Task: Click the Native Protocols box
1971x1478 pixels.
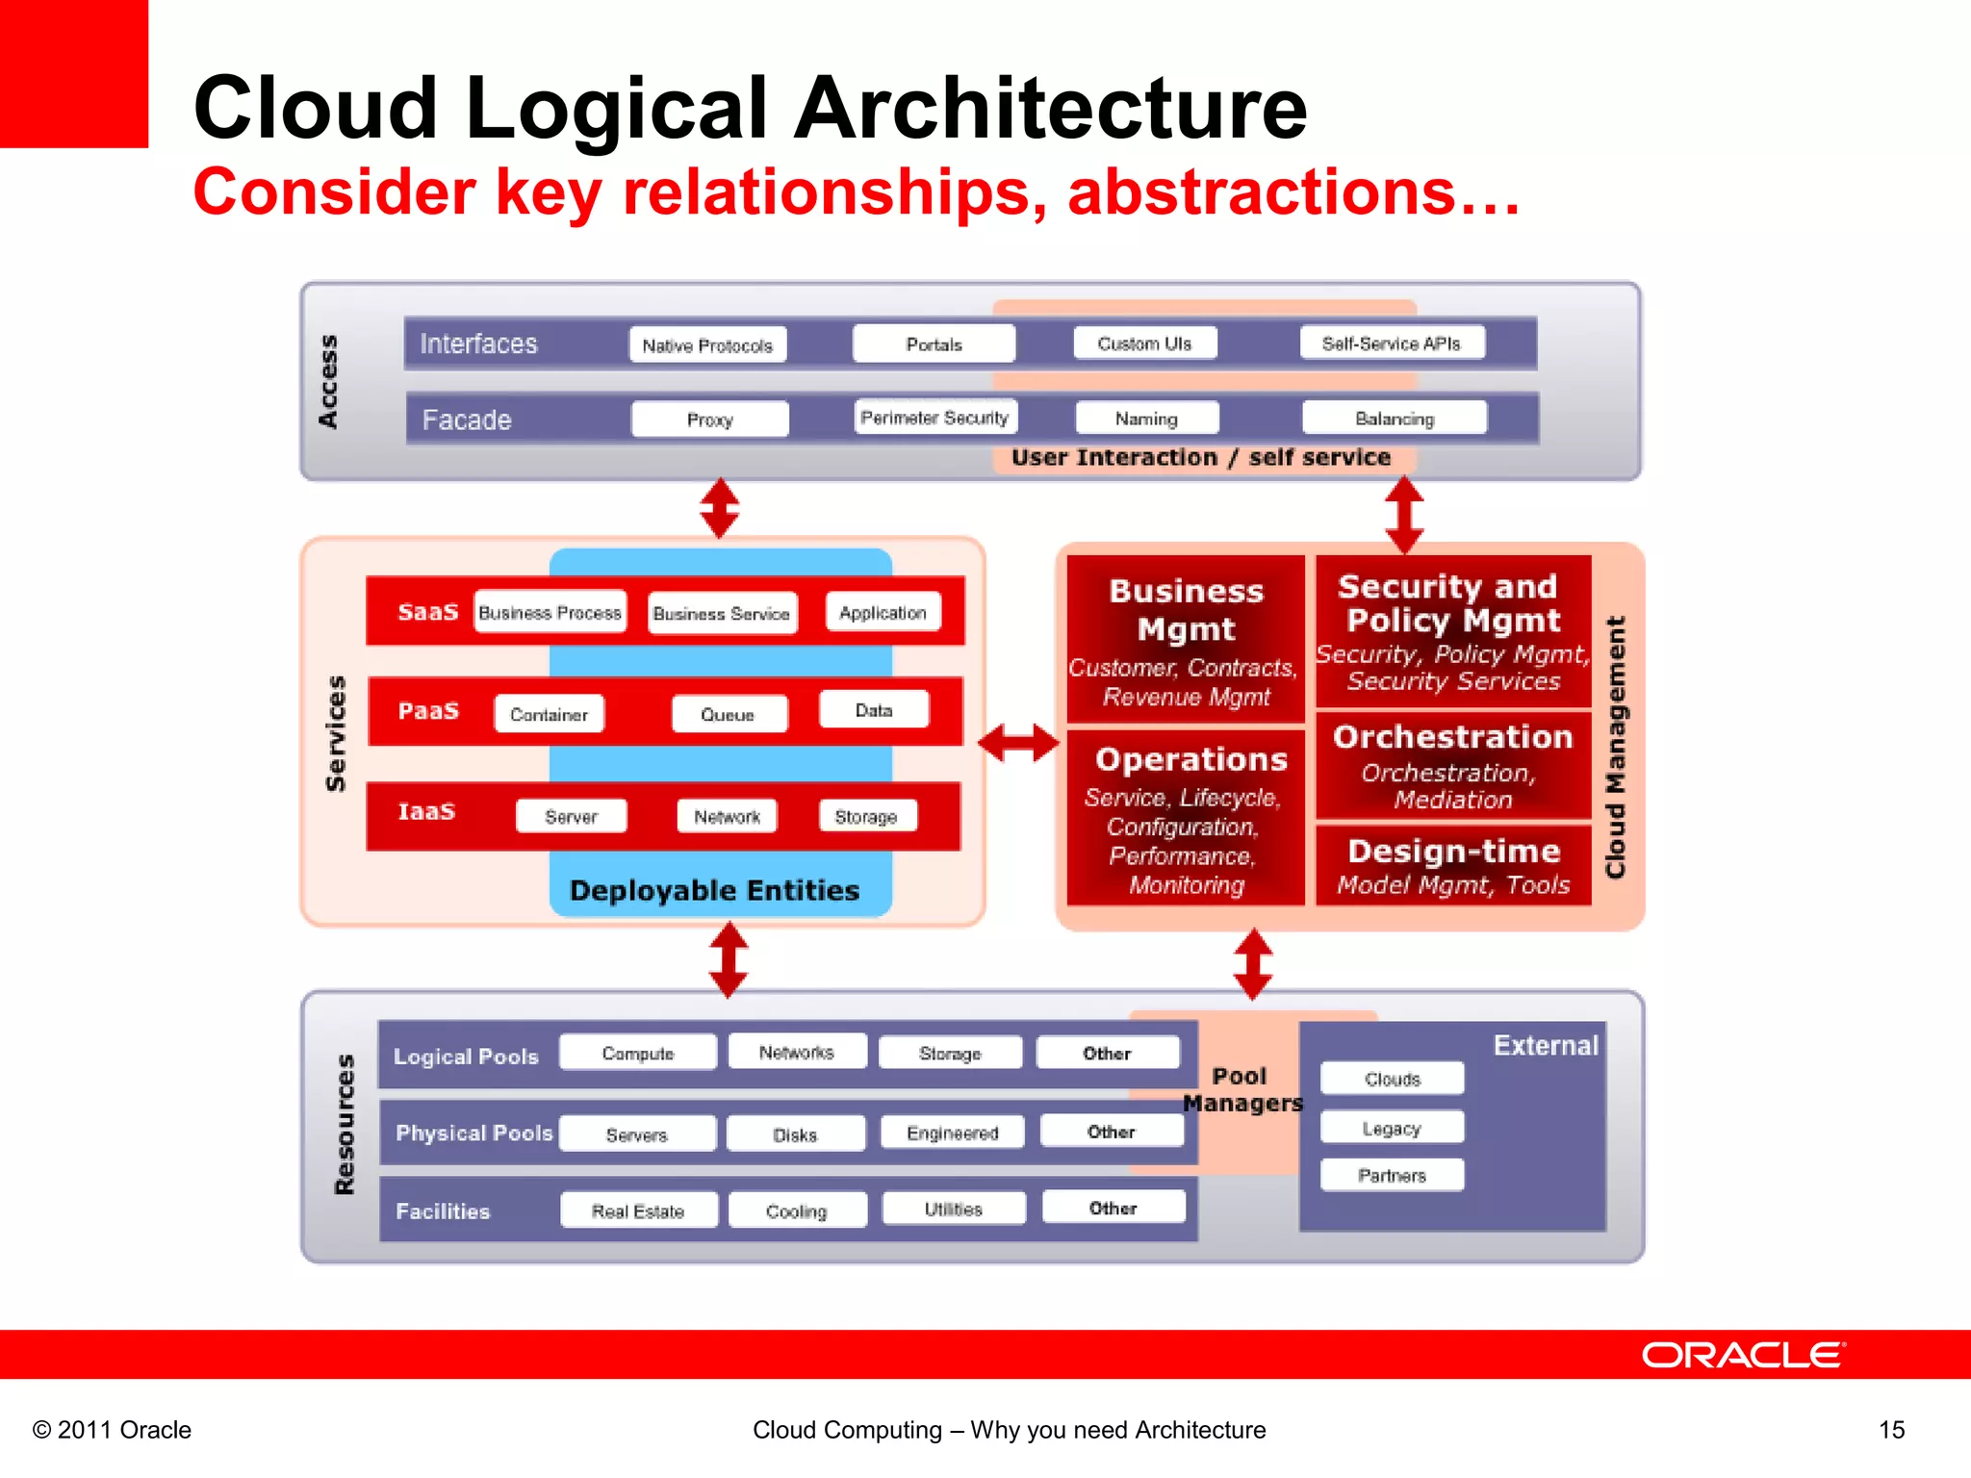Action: [707, 344]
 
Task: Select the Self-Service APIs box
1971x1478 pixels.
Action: [1391, 343]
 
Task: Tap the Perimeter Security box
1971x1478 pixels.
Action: [934, 418]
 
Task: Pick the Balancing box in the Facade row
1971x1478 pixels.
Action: [1394, 419]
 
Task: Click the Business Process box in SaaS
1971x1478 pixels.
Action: [550, 612]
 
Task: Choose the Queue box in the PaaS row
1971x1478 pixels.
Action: [728, 714]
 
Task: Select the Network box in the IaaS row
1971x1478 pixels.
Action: [727, 816]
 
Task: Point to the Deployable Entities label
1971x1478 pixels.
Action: [714, 890]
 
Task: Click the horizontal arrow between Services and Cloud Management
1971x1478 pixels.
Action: [1018, 743]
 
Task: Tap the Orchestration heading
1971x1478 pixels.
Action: [1452, 737]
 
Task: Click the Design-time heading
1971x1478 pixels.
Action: [1453, 851]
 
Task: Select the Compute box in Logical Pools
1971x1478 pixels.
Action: [637, 1053]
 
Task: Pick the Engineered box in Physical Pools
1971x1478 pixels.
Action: [952, 1133]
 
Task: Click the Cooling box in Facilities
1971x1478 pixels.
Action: [796, 1210]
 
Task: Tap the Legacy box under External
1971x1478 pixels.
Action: [1392, 1128]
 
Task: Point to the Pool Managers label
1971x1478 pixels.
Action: [1241, 1089]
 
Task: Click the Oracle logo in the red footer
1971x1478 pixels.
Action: [1742, 1355]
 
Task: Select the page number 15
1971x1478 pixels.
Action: [1891, 1430]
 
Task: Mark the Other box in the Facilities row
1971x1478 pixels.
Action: [1113, 1208]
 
